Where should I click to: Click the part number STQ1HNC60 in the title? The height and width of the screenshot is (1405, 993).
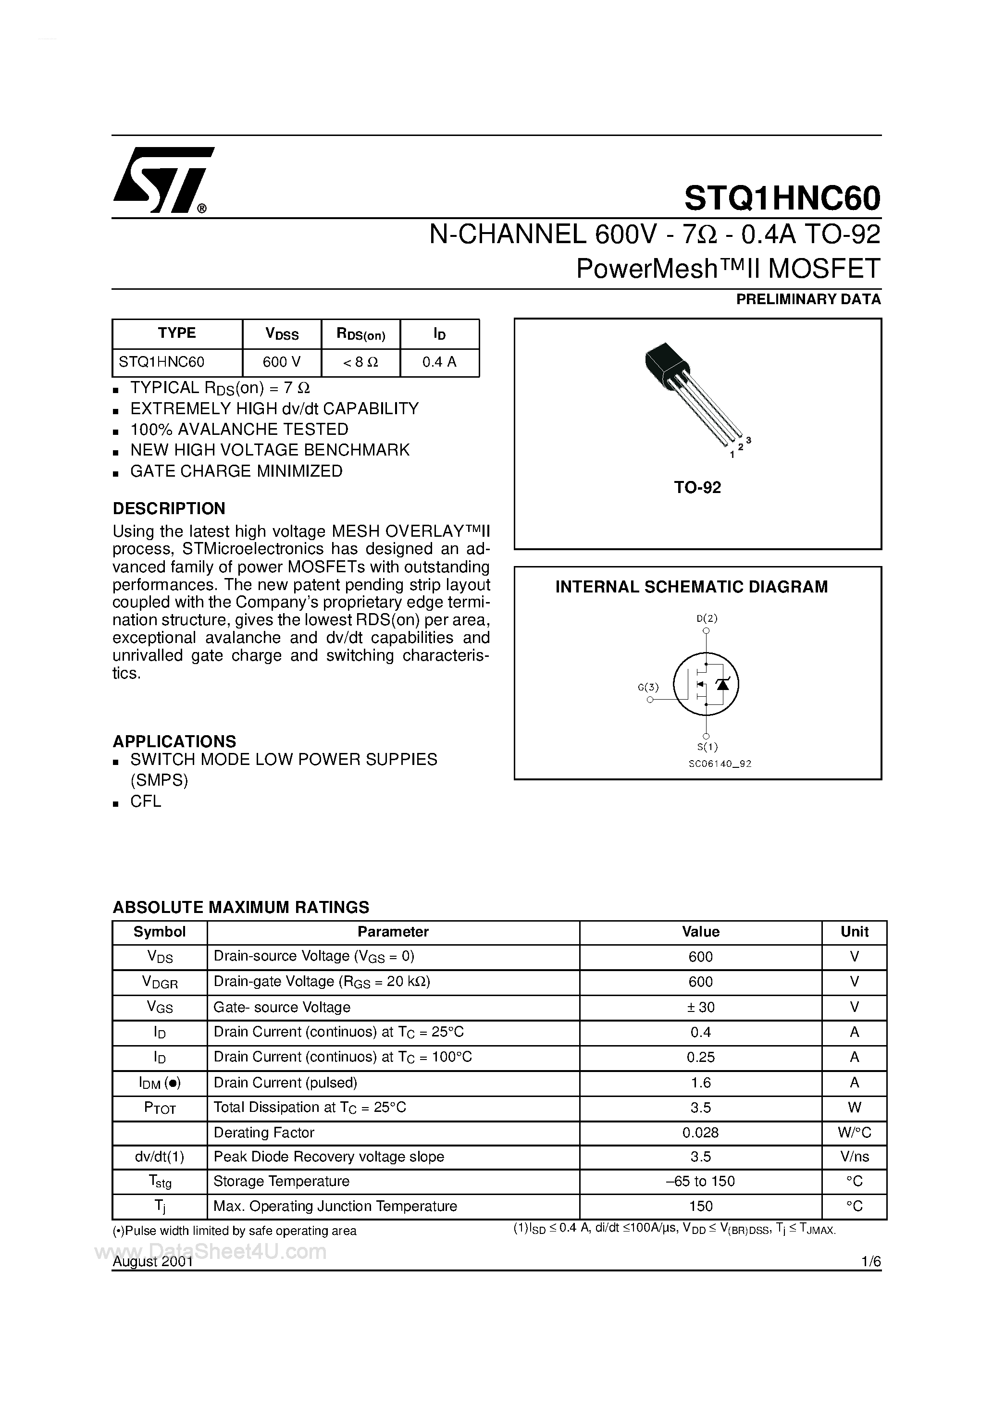[782, 197]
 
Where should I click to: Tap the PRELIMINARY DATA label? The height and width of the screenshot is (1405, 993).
[807, 299]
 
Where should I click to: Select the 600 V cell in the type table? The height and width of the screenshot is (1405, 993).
[282, 362]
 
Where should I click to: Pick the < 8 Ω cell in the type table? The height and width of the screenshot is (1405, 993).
[360, 362]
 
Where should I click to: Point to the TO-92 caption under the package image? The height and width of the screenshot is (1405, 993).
[697, 488]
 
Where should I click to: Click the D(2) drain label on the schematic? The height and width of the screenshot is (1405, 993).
[707, 618]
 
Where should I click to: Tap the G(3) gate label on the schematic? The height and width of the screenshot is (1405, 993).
[648, 687]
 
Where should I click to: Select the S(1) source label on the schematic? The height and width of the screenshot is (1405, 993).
[707, 747]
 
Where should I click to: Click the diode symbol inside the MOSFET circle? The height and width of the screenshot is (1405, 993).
[723, 684]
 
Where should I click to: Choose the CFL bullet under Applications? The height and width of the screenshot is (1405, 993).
[146, 801]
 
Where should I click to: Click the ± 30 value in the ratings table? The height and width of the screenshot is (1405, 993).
[700, 1007]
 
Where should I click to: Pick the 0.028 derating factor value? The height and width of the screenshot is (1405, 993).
[700, 1133]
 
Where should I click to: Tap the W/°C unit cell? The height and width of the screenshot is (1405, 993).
[854, 1133]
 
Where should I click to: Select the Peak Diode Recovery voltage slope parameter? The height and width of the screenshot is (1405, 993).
[329, 1157]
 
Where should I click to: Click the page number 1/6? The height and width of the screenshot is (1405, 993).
[870, 1262]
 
